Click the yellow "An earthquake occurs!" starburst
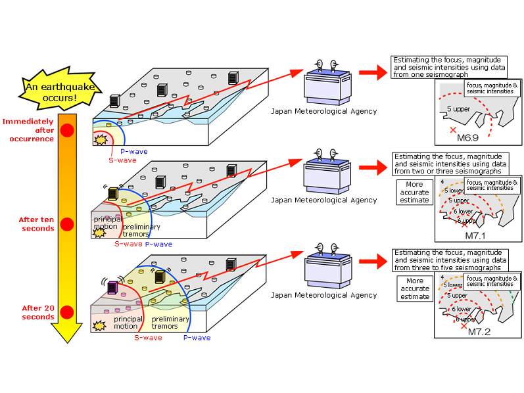60,89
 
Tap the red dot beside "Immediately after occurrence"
67,130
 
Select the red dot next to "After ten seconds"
67,224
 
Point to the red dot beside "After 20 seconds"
67,312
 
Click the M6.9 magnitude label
467,138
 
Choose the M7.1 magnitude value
475,235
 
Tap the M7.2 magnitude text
479,332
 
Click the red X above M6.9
453,129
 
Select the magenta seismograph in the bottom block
112,287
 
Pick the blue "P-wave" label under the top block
134,151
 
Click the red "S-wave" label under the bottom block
148,338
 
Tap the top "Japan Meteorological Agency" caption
324,111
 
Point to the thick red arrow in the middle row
373,168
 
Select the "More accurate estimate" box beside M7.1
414,192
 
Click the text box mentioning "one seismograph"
449,67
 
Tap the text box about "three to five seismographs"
450,260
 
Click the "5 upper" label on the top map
458,109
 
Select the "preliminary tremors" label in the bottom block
170,323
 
